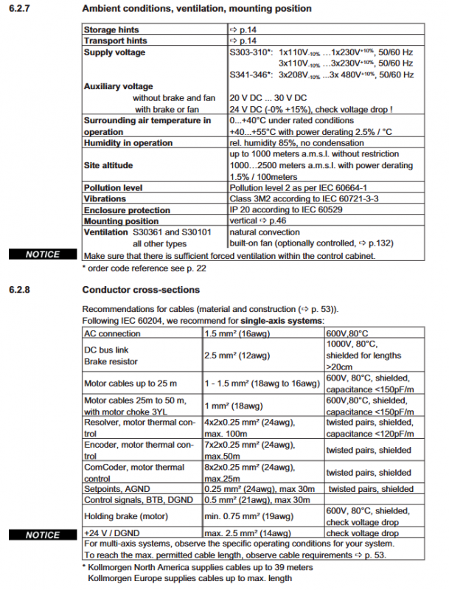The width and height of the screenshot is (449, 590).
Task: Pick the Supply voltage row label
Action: [114, 52]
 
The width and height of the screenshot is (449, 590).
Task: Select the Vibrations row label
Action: [105, 199]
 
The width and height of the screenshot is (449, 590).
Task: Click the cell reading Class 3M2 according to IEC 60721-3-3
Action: [291, 199]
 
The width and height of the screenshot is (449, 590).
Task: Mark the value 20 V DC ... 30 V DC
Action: [268, 98]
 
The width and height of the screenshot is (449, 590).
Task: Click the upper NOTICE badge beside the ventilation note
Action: [43, 254]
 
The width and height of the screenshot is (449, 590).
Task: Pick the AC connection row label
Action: [113, 333]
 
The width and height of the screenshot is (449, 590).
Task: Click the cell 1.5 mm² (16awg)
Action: [238, 333]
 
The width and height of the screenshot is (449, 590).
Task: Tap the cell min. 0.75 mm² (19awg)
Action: [251, 516]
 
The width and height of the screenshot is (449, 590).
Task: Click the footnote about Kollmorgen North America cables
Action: [196, 567]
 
